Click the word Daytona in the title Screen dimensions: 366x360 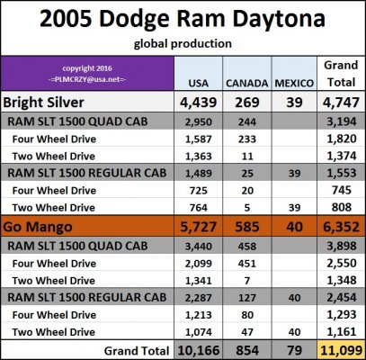pos(279,19)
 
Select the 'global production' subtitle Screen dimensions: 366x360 pos(183,44)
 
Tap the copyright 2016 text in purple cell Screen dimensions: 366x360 pos(87,68)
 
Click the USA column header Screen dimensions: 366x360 pos(199,83)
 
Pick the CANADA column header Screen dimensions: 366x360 pos(247,83)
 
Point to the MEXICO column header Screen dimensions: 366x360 pos(294,83)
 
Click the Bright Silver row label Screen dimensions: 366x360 pos(44,103)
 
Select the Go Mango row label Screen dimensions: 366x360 pos(38,227)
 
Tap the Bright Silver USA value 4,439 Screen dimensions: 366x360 pos(198,103)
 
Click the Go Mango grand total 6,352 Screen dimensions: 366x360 pos(341,227)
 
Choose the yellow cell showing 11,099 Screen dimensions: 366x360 pos(341,350)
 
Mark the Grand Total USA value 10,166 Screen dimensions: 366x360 pos(198,350)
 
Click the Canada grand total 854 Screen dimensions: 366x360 pos(247,350)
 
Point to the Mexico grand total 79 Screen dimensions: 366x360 pos(294,350)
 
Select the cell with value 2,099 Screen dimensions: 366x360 pos(198,264)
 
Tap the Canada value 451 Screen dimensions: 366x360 pos(247,264)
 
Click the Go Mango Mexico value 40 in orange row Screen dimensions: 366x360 pos(294,227)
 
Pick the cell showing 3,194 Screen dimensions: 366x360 pos(341,121)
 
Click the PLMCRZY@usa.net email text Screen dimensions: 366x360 pos(87,80)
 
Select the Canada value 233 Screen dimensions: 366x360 pos(247,139)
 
